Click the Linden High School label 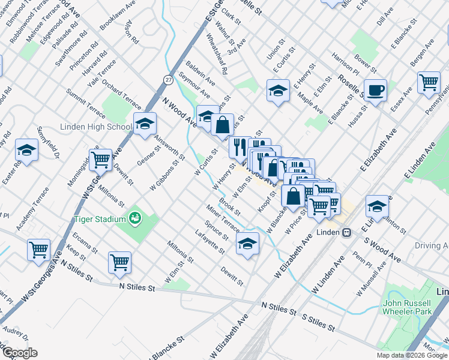(96, 127)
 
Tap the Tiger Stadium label (99, 219)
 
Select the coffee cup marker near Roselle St (375, 91)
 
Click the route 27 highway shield (169, 79)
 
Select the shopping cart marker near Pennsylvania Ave (429, 83)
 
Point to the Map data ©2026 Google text (411, 355)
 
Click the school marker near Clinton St (376, 206)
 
